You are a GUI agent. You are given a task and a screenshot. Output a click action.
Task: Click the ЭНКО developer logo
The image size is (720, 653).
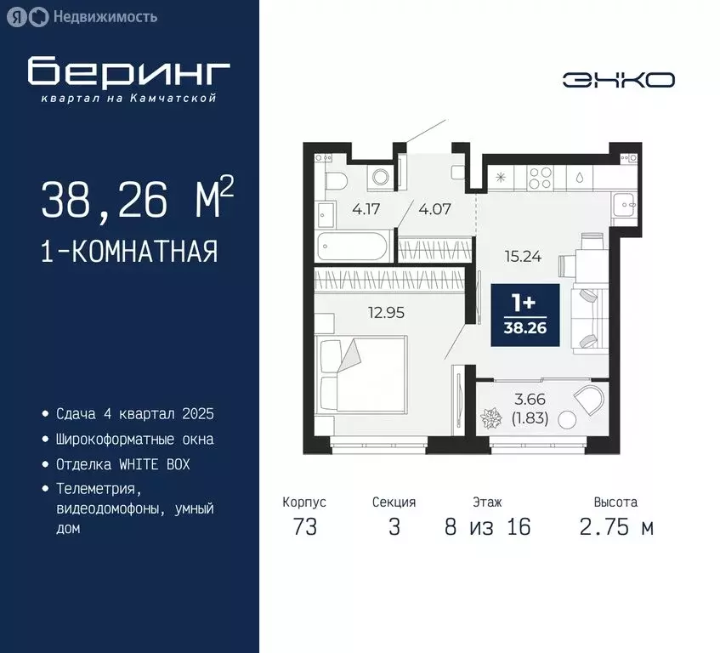[618, 80]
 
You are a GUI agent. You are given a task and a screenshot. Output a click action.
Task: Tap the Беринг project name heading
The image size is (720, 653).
[128, 71]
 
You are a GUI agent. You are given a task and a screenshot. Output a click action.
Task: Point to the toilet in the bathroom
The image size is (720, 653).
[334, 179]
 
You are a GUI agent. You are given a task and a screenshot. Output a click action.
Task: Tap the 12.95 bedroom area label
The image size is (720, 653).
[385, 312]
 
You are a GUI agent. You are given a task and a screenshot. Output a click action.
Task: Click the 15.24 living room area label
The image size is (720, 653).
[523, 255]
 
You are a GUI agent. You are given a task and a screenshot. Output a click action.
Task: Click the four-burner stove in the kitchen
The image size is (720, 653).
[540, 178]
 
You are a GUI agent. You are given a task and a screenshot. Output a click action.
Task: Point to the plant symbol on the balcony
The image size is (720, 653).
[491, 419]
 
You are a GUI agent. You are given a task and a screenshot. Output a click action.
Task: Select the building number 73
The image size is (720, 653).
[304, 527]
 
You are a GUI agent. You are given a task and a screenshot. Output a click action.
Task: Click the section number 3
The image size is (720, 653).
[394, 527]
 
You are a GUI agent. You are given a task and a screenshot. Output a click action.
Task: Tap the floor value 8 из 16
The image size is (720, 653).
[487, 527]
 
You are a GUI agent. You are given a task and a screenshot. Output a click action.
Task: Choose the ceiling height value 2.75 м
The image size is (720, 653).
[616, 527]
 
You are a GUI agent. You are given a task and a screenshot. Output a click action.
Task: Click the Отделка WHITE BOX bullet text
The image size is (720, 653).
[122, 465]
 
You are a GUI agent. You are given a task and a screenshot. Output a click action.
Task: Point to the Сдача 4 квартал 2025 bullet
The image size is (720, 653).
[134, 414]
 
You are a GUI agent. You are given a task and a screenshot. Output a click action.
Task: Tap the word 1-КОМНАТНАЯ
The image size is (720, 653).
[129, 252]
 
